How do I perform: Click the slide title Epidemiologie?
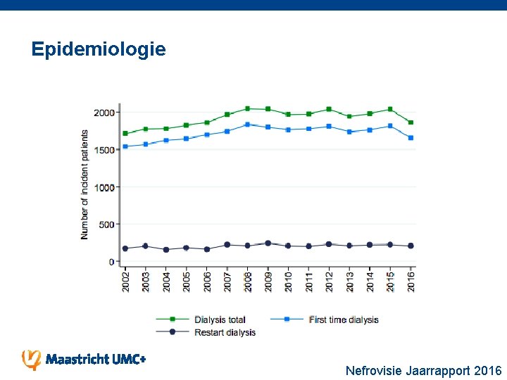99,49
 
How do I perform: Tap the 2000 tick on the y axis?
104,113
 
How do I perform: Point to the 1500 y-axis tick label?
104,150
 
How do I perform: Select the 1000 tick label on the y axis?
104,187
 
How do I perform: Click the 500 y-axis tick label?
106,224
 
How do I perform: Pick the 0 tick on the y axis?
111,262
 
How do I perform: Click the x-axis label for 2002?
125,282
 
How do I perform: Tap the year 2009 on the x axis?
268,282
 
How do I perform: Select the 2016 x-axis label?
411,282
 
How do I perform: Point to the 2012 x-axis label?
329,282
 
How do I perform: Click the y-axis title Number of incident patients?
85,184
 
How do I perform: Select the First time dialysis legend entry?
343,319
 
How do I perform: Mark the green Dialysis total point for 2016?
411,122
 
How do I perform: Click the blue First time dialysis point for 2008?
247,125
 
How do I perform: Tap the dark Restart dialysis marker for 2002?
125,248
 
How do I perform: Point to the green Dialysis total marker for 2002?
125,133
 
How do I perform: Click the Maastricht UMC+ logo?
84,359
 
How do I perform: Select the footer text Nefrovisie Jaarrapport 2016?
423,370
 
